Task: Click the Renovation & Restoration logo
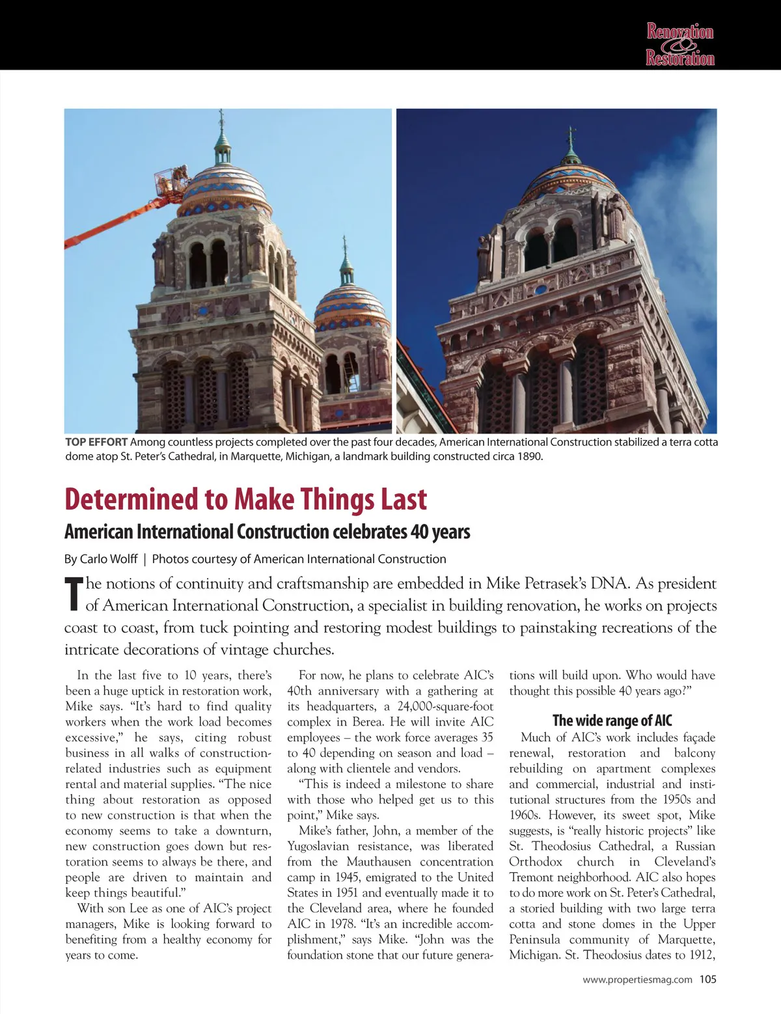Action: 680,44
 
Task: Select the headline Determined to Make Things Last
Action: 245,499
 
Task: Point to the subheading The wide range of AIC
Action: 612,720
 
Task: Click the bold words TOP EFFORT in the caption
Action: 96,443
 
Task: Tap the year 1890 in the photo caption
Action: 528,456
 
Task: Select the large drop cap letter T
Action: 74,594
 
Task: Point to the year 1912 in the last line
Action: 698,955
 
